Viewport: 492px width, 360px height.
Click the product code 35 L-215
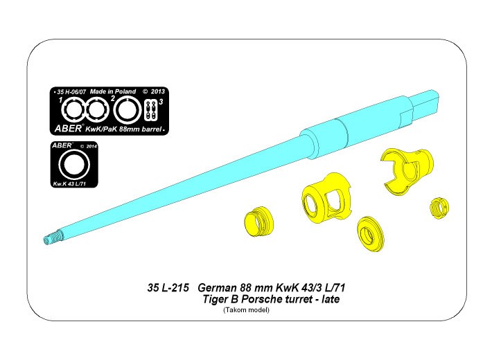[x=168, y=287]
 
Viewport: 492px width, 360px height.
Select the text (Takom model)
[x=246, y=310]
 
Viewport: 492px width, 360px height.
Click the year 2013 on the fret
[x=157, y=91]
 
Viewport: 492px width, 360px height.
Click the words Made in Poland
[x=113, y=91]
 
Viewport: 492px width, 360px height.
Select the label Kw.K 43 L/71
[x=69, y=184]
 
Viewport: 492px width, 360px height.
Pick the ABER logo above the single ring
[x=62, y=145]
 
